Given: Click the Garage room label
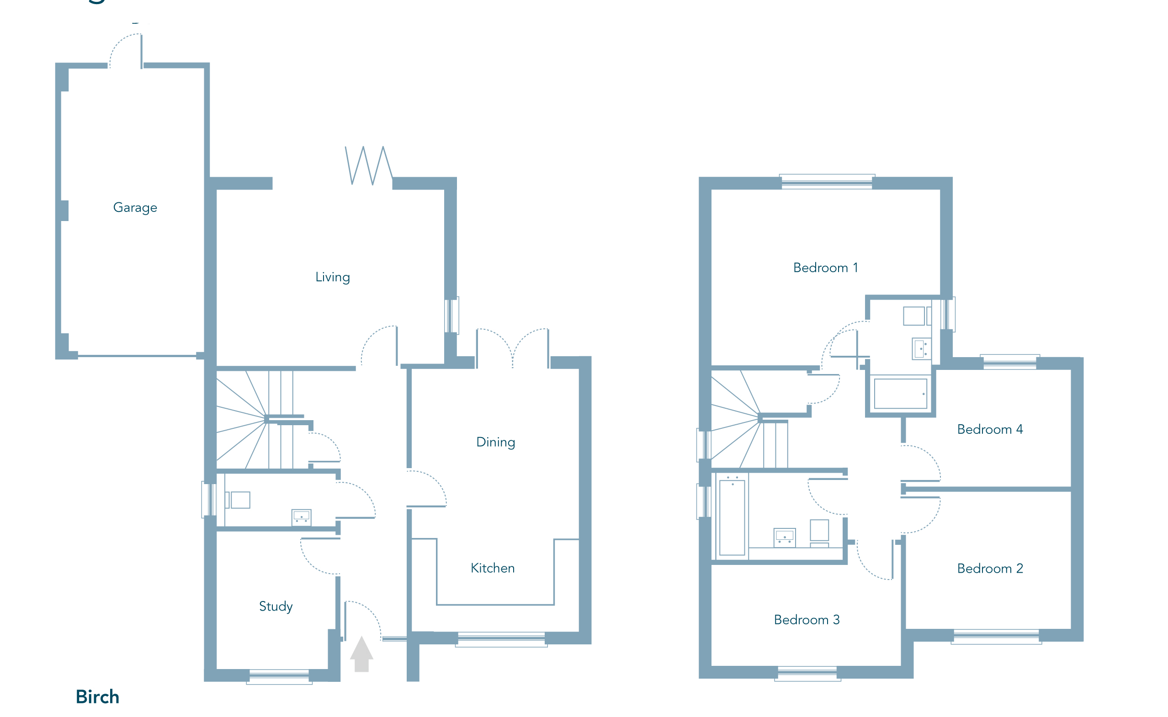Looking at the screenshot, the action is point(135,208).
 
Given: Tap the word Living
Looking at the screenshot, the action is point(333,277).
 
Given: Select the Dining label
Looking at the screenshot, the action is point(495,442).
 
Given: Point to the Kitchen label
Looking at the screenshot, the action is point(493,568).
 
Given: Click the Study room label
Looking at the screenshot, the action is point(276,606).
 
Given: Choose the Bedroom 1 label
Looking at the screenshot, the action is point(825,268).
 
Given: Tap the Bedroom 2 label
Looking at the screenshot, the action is point(990,569).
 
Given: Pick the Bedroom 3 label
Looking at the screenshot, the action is point(807,620).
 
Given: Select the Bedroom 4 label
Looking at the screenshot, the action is point(990,430).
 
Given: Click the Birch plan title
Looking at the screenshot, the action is point(97,697).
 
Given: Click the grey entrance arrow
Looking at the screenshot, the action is point(361,654).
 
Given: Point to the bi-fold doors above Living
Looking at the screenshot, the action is point(369,165).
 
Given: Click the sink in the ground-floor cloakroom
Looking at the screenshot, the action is point(301,517).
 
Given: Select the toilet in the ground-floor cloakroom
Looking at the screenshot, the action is point(238,500).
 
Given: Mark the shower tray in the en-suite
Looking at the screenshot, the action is point(900,394).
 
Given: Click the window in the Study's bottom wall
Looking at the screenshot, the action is point(279,677).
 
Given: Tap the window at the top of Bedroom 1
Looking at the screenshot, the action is point(827,182).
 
